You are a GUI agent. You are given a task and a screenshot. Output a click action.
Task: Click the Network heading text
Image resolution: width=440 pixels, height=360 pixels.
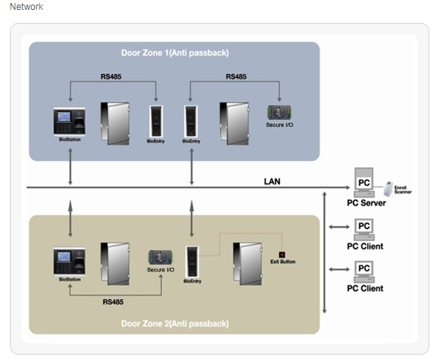pyautogui.click(x=27, y=7)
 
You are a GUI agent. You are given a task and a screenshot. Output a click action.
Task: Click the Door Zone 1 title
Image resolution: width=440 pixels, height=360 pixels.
pyautogui.click(x=175, y=53)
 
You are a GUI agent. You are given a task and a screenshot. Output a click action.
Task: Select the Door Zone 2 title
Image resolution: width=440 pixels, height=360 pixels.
pyautogui.click(x=175, y=323)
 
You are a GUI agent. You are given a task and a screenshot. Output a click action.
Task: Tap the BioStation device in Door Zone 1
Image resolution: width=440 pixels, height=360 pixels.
pyautogui.click(x=69, y=122)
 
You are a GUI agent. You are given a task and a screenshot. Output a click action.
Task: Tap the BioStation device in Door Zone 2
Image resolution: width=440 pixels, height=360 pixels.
pyautogui.click(x=69, y=262)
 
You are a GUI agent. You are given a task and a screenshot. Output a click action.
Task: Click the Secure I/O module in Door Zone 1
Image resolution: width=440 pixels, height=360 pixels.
pyautogui.click(x=279, y=113)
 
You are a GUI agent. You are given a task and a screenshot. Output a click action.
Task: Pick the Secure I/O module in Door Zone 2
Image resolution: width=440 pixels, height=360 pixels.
pyautogui.click(x=160, y=257)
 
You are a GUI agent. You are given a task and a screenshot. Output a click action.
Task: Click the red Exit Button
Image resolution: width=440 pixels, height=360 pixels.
pyautogui.click(x=282, y=255)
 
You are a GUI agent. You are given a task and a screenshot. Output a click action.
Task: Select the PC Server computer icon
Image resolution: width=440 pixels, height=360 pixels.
pyautogui.click(x=364, y=182)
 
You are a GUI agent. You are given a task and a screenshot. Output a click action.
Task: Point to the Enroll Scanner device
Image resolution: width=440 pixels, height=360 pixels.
pyautogui.click(x=388, y=189)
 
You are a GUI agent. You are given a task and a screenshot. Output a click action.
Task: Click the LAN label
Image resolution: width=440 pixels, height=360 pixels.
pyautogui.click(x=272, y=182)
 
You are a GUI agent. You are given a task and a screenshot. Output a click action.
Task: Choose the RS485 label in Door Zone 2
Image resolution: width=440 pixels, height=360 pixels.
pyautogui.click(x=113, y=302)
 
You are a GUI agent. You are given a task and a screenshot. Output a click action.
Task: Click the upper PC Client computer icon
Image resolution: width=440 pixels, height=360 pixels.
pyautogui.click(x=364, y=230)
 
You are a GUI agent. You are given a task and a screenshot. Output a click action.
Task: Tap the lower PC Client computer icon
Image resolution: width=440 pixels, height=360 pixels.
pyautogui.click(x=364, y=272)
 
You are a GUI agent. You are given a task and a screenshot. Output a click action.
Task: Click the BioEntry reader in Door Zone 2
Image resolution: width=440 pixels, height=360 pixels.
pyautogui.click(x=192, y=262)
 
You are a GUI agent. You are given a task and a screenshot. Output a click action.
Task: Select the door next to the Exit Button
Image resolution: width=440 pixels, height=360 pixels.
pyautogui.click(x=248, y=264)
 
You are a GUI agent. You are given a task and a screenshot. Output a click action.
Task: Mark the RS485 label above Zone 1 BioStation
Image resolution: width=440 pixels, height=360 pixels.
pyautogui.click(x=111, y=76)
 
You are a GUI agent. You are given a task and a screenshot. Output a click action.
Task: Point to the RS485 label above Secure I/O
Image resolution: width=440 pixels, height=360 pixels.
pyautogui.click(x=236, y=76)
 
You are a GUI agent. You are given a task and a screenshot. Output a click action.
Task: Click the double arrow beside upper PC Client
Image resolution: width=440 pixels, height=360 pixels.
pyautogui.click(x=339, y=227)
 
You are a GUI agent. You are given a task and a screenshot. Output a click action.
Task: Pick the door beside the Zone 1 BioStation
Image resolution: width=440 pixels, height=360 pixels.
pyautogui.click(x=115, y=124)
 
